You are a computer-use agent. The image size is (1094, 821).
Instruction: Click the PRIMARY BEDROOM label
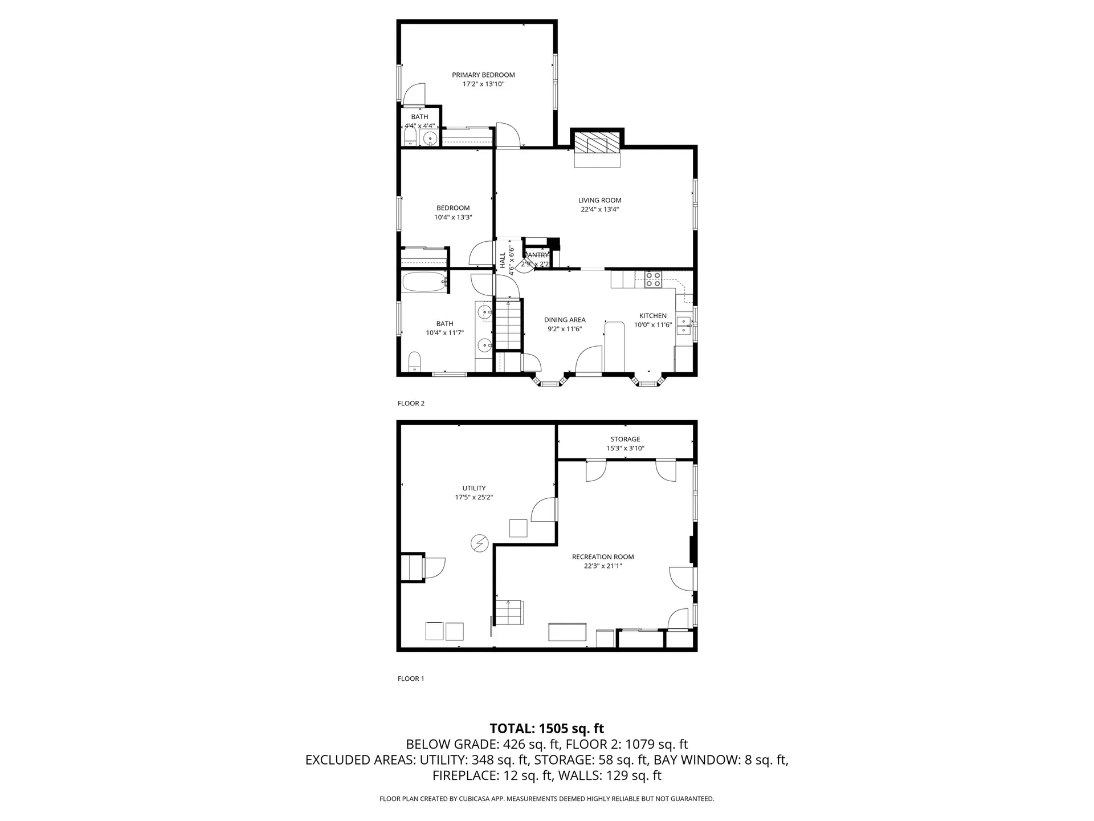click(483, 75)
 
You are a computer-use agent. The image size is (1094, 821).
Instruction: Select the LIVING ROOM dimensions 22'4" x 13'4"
click(599, 209)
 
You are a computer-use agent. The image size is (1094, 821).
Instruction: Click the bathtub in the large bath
click(424, 282)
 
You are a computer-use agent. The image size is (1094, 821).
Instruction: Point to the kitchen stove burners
click(653, 279)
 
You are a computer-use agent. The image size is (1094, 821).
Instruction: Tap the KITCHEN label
click(652, 315)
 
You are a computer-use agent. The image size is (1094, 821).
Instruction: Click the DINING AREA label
click(564, 320)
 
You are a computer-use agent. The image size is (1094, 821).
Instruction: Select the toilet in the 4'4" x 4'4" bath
click(409, 136)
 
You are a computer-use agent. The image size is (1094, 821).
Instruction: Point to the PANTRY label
click(537, 255)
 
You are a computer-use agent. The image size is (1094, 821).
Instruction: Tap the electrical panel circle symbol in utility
click(479, 543)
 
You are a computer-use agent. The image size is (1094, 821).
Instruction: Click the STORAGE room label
click(625, 439)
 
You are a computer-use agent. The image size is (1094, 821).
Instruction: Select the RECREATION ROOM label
click(603, 556)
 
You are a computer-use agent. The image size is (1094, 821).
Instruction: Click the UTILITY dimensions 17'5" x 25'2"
click(473, 497)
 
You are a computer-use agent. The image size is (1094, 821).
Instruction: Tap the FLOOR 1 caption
click(411, 678)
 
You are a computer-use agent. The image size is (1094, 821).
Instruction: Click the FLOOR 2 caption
click(411, 403)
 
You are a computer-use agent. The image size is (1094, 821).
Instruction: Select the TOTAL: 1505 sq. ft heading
click(546, 728)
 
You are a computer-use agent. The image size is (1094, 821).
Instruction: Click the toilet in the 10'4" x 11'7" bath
click(415, 362)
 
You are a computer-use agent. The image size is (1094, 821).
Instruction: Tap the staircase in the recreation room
click(508, 613)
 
